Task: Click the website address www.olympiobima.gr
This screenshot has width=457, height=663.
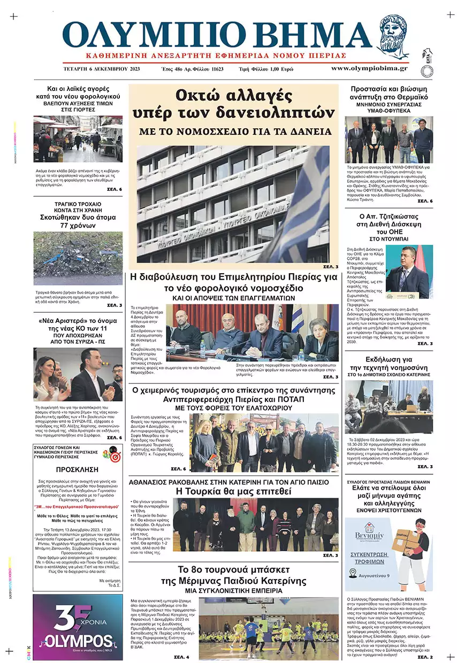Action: [369, 68]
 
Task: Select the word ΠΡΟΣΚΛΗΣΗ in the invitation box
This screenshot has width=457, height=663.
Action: [78, 470]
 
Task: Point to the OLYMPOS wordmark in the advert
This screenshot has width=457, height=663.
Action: [78, 641]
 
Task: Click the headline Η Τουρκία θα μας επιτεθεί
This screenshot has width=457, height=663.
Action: [233, 491]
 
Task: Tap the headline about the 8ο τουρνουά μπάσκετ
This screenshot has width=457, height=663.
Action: [233, 574]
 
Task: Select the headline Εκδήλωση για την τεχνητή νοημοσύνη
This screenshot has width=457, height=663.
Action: [389, 364]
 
